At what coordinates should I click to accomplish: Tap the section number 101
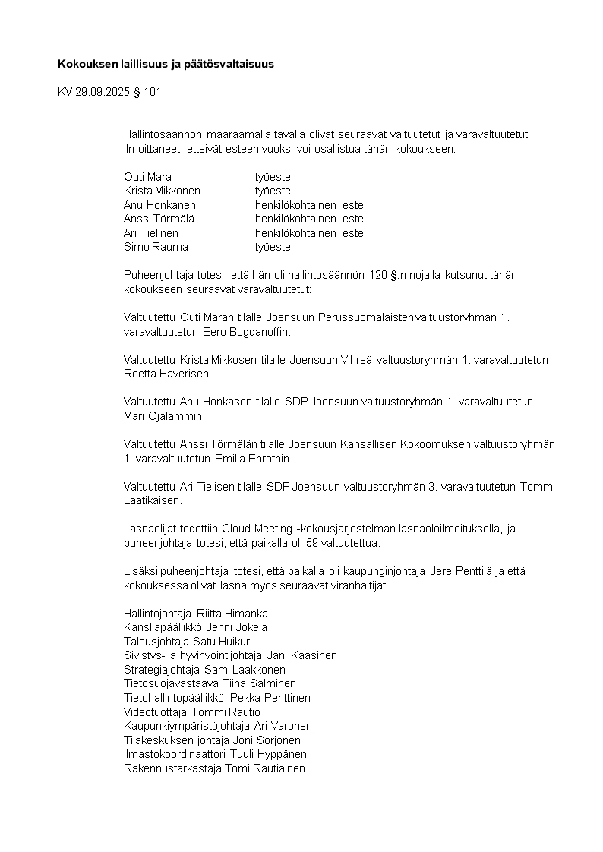click(151, 93)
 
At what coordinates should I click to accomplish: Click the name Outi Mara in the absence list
click(147, 177)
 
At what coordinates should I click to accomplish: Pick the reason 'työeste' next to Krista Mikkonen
click(273, 191)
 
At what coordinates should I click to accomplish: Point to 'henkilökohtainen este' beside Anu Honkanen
click(309, 205)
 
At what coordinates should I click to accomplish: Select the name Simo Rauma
click(156, 247)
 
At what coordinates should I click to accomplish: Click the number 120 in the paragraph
click(378, 275)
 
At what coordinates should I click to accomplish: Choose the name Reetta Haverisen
click(168, 374)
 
